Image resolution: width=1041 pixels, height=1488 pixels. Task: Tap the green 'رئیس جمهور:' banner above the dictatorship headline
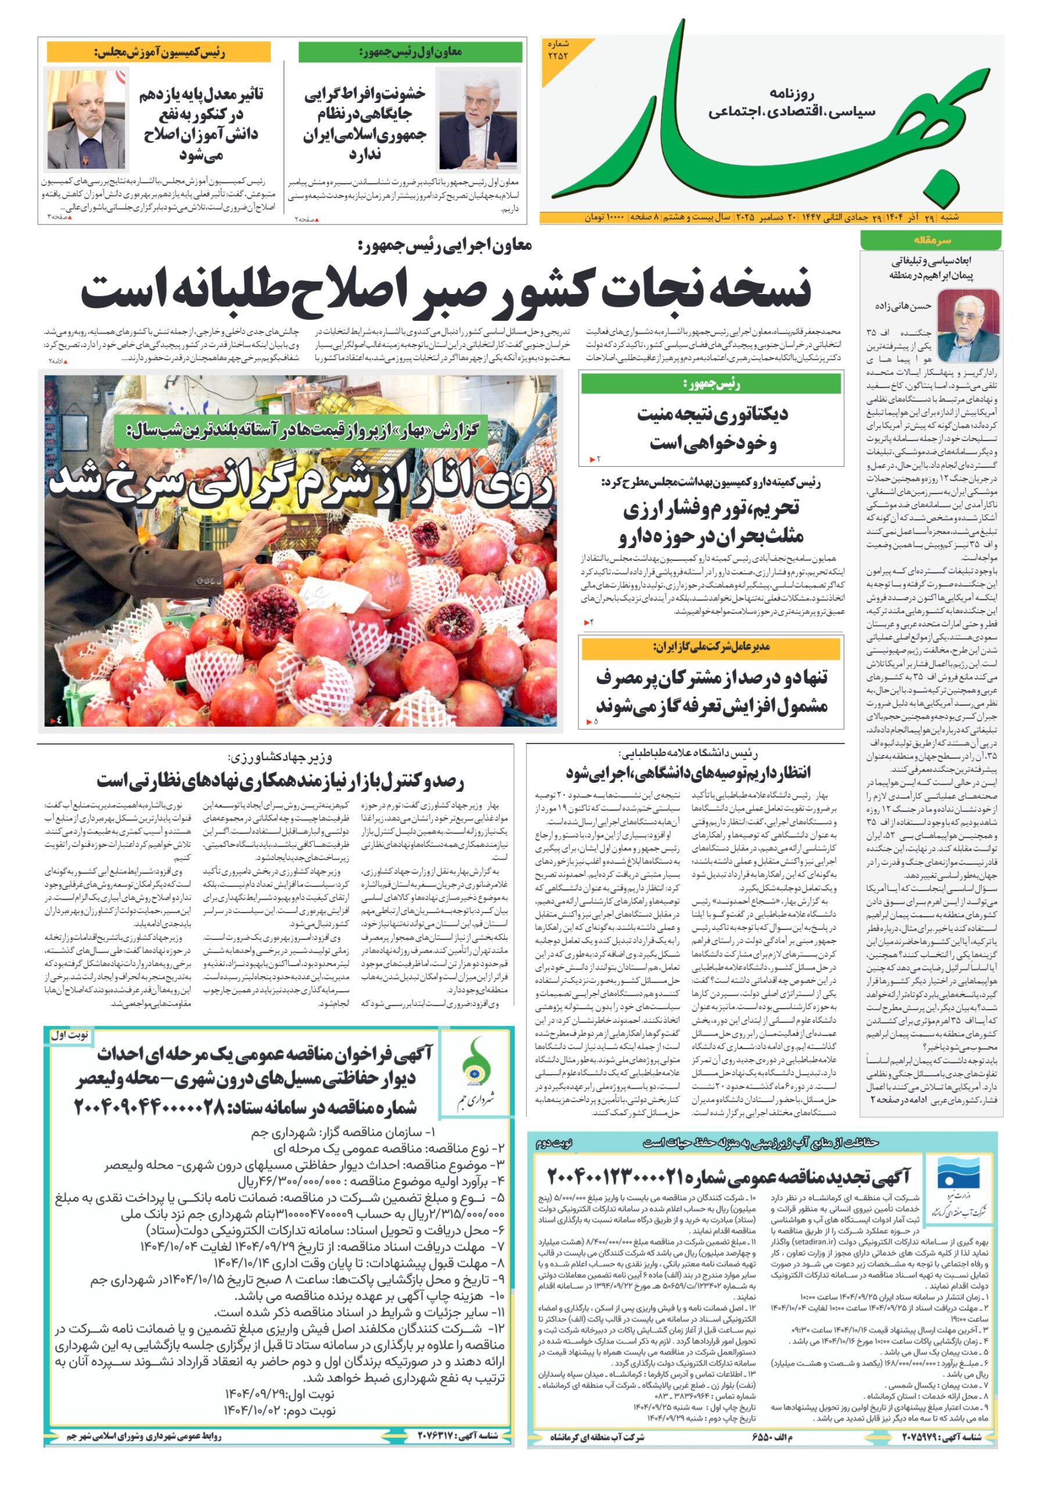(x=710, y=384)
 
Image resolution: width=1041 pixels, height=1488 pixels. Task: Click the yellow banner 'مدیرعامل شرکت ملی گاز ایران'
(x=710, y=647)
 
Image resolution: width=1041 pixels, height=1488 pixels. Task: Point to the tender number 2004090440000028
(x=246, y=1108)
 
